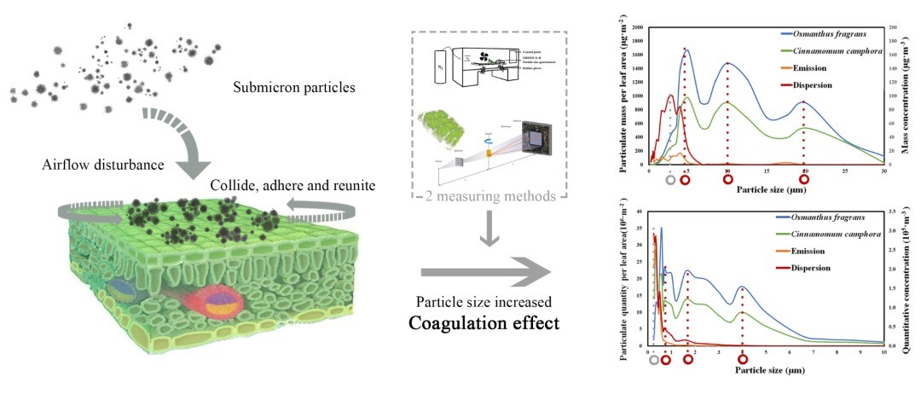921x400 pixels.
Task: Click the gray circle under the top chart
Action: point(670,180)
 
